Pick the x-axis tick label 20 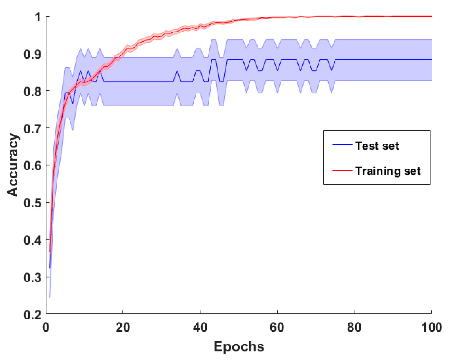coord(123,328)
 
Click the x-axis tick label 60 coord(277,328)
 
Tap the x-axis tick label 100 coord(431,328)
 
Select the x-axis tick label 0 coord(46,328)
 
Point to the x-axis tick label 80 coord(354,328)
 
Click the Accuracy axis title coord(13,165)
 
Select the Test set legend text coord(377,146)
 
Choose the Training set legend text coord(388,171)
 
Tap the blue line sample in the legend coord(342,145)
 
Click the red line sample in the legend coord(342,170)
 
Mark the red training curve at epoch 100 coord(431,16)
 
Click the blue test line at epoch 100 coord(431,60)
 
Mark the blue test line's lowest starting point coord(50,267)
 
